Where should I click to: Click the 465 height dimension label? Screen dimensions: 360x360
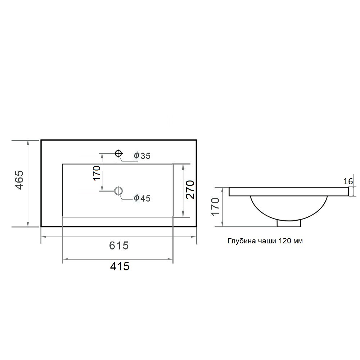click(x=19, y=180)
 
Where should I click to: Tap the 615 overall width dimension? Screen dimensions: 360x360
click(x=119, y=246)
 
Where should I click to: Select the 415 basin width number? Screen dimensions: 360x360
click(x=120, y=266)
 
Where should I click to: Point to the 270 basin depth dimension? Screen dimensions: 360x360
click(x=190, y=190)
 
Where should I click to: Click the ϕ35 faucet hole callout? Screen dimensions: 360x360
click(x=142, y=156)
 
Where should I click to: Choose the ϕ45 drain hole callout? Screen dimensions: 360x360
click(x=142, y=198)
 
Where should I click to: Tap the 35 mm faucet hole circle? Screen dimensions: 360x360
click(x=118, y=153)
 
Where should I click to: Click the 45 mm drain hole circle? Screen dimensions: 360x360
click(x=118, y=190)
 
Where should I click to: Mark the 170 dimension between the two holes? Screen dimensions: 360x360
click(x=97, y=173)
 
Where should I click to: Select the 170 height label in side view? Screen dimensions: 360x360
click(x=216, y=206)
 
